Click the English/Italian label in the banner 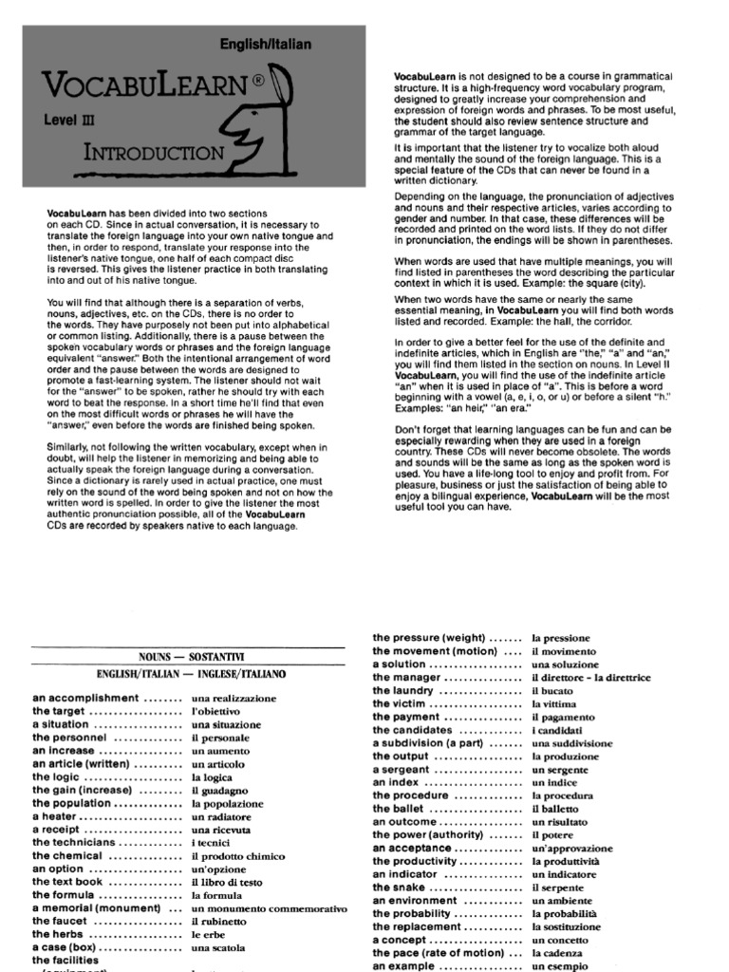coord(265,45)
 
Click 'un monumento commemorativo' coord(270,908)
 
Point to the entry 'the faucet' coord(65,922)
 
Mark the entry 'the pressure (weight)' coord(429,638)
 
